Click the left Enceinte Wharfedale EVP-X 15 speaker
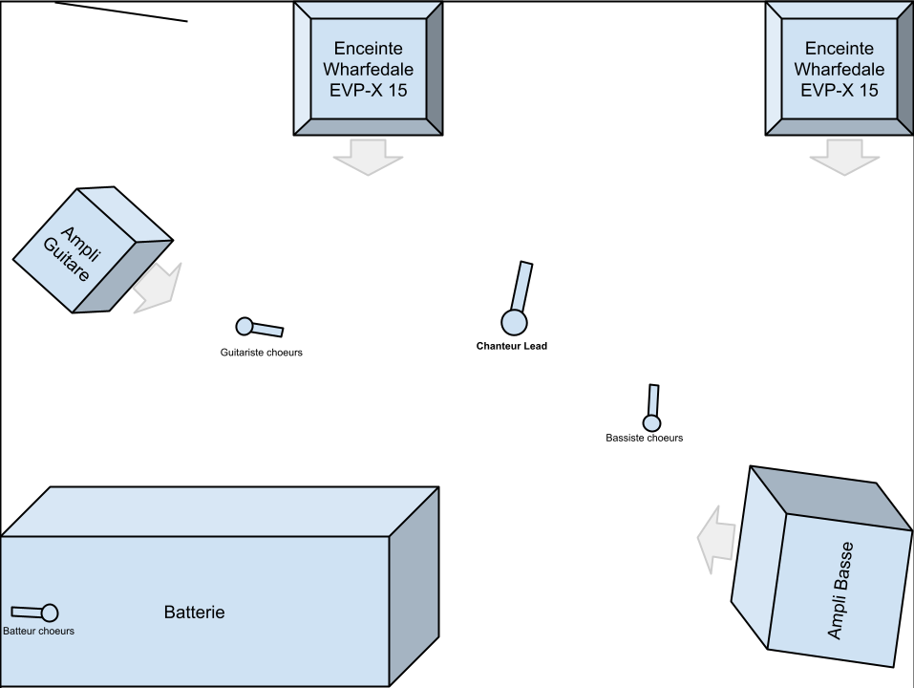point(368,69)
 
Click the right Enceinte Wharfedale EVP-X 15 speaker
point(839,69)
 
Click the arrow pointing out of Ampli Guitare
point(155,286)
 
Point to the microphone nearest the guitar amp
point(246,327)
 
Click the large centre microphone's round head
point(515,322)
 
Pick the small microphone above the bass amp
point(652,420)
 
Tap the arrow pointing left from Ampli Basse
point(716,546)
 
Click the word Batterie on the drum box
point(194,613)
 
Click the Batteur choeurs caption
point(38,631)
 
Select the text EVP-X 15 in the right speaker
point(839,91)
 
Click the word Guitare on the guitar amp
point(69,259)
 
